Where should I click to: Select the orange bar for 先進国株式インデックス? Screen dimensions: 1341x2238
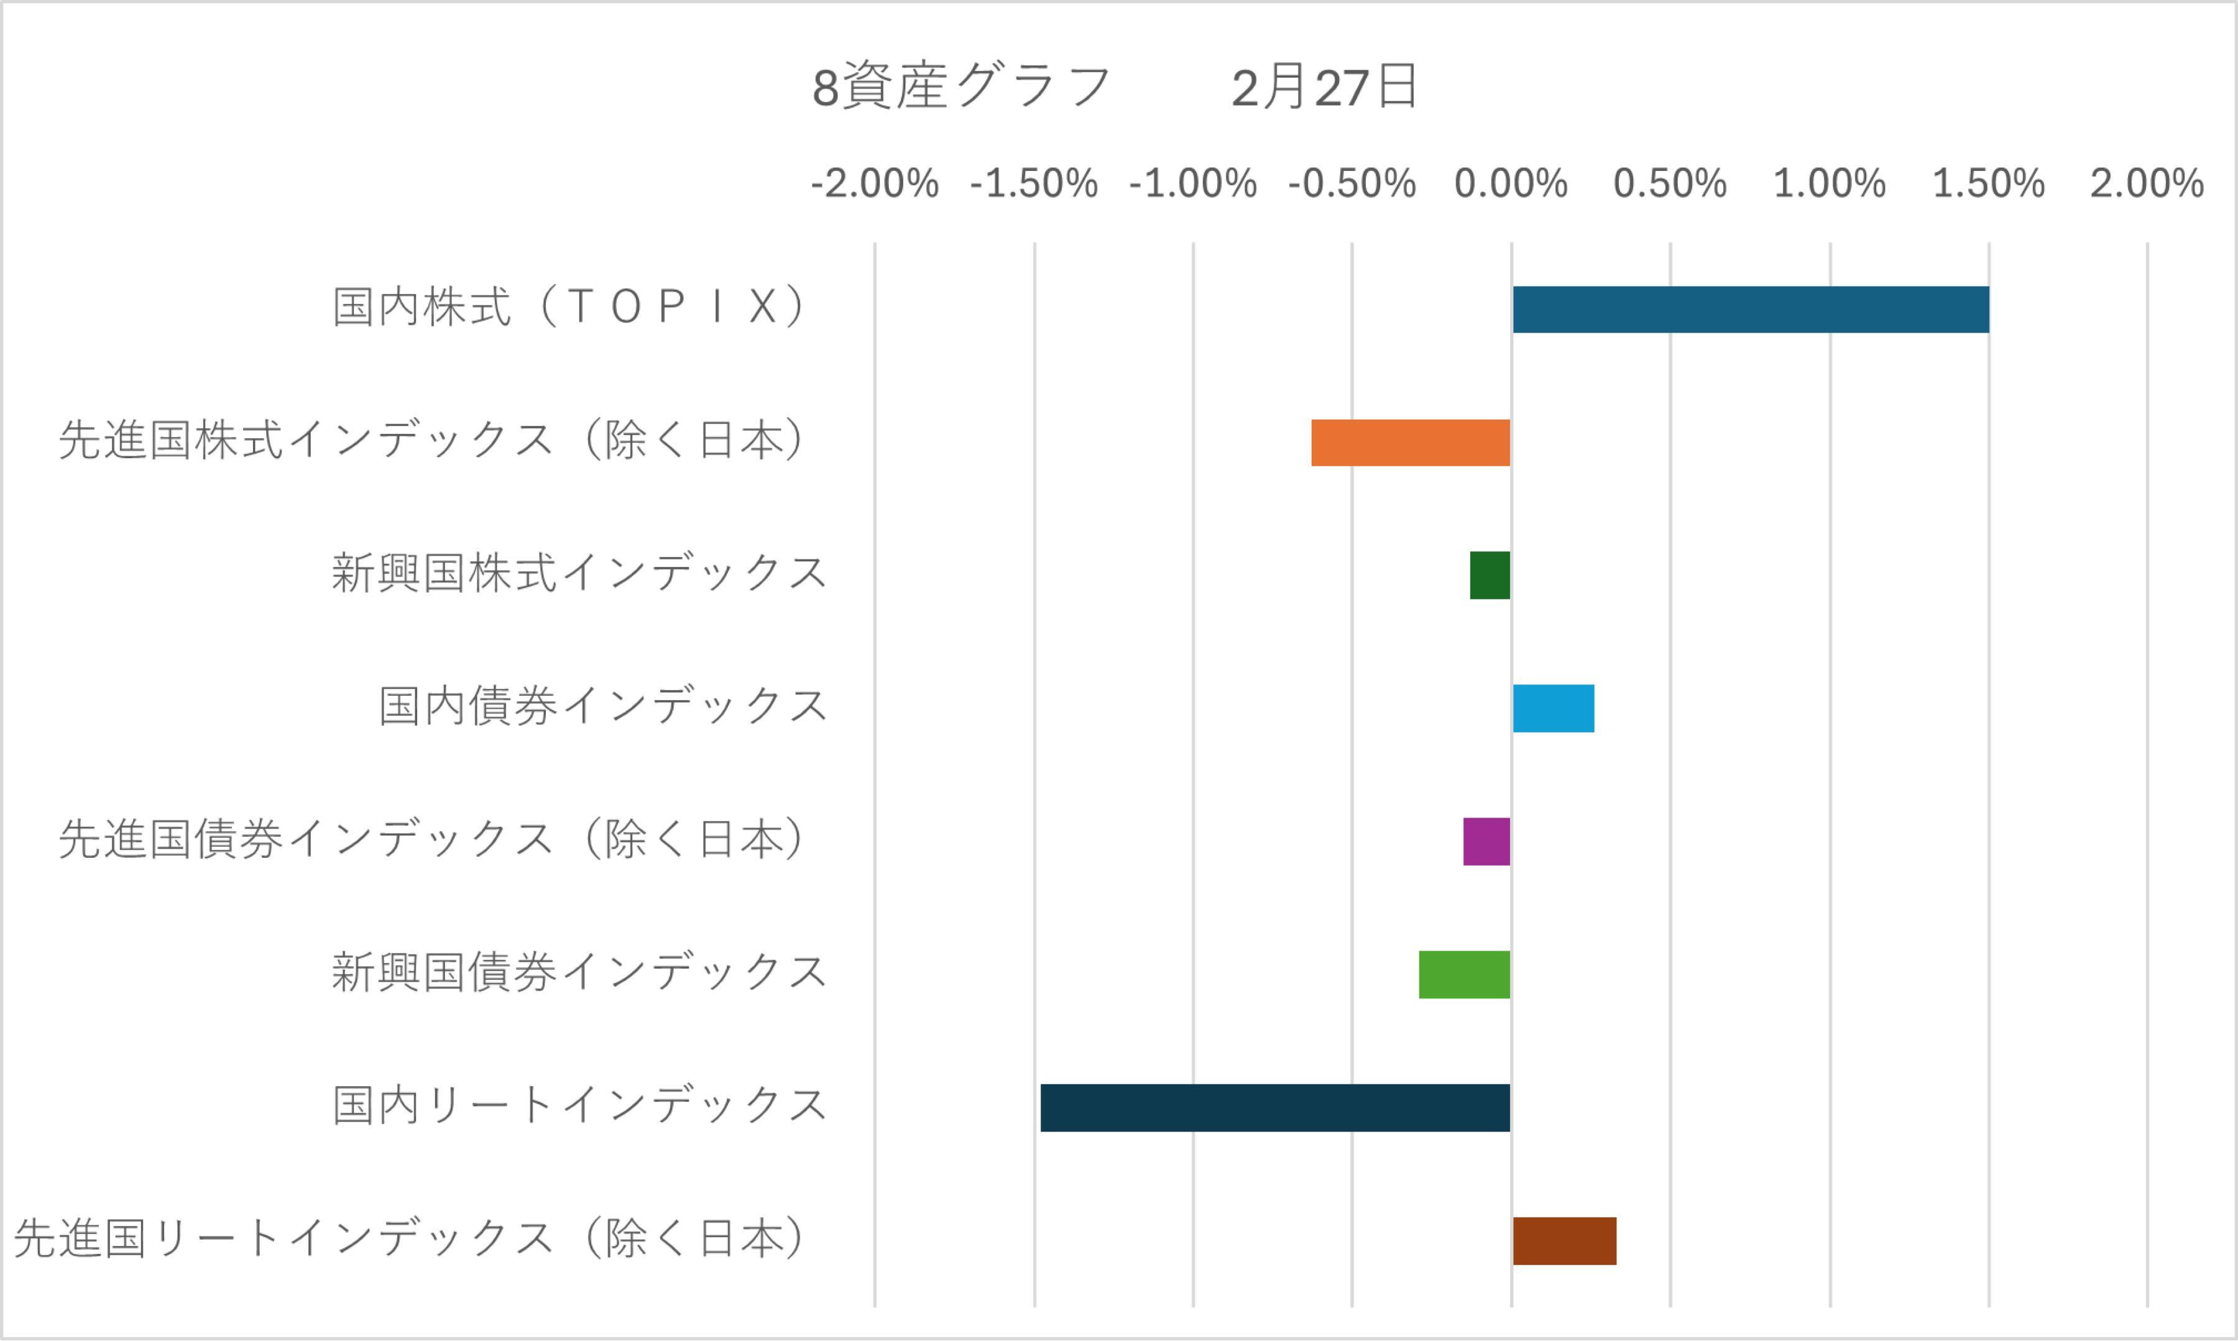pyautogui.click(x=1411, y=443)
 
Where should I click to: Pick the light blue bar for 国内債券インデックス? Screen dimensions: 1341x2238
pyautogui.click(x=1553, y=709)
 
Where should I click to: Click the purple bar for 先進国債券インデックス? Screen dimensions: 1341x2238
pyautogui.click(x=1486, y=841)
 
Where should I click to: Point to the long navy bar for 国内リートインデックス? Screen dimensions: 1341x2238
pyautogui.click(x=1275, y=1108)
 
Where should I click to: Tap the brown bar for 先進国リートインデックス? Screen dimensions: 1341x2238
pyautogui.click(x=1564, y=1241)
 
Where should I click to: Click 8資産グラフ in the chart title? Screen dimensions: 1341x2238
pyautogui.click(x=961, y=88)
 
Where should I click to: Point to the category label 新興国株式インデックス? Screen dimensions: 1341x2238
pyautogui.click(x=579, y=574)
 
